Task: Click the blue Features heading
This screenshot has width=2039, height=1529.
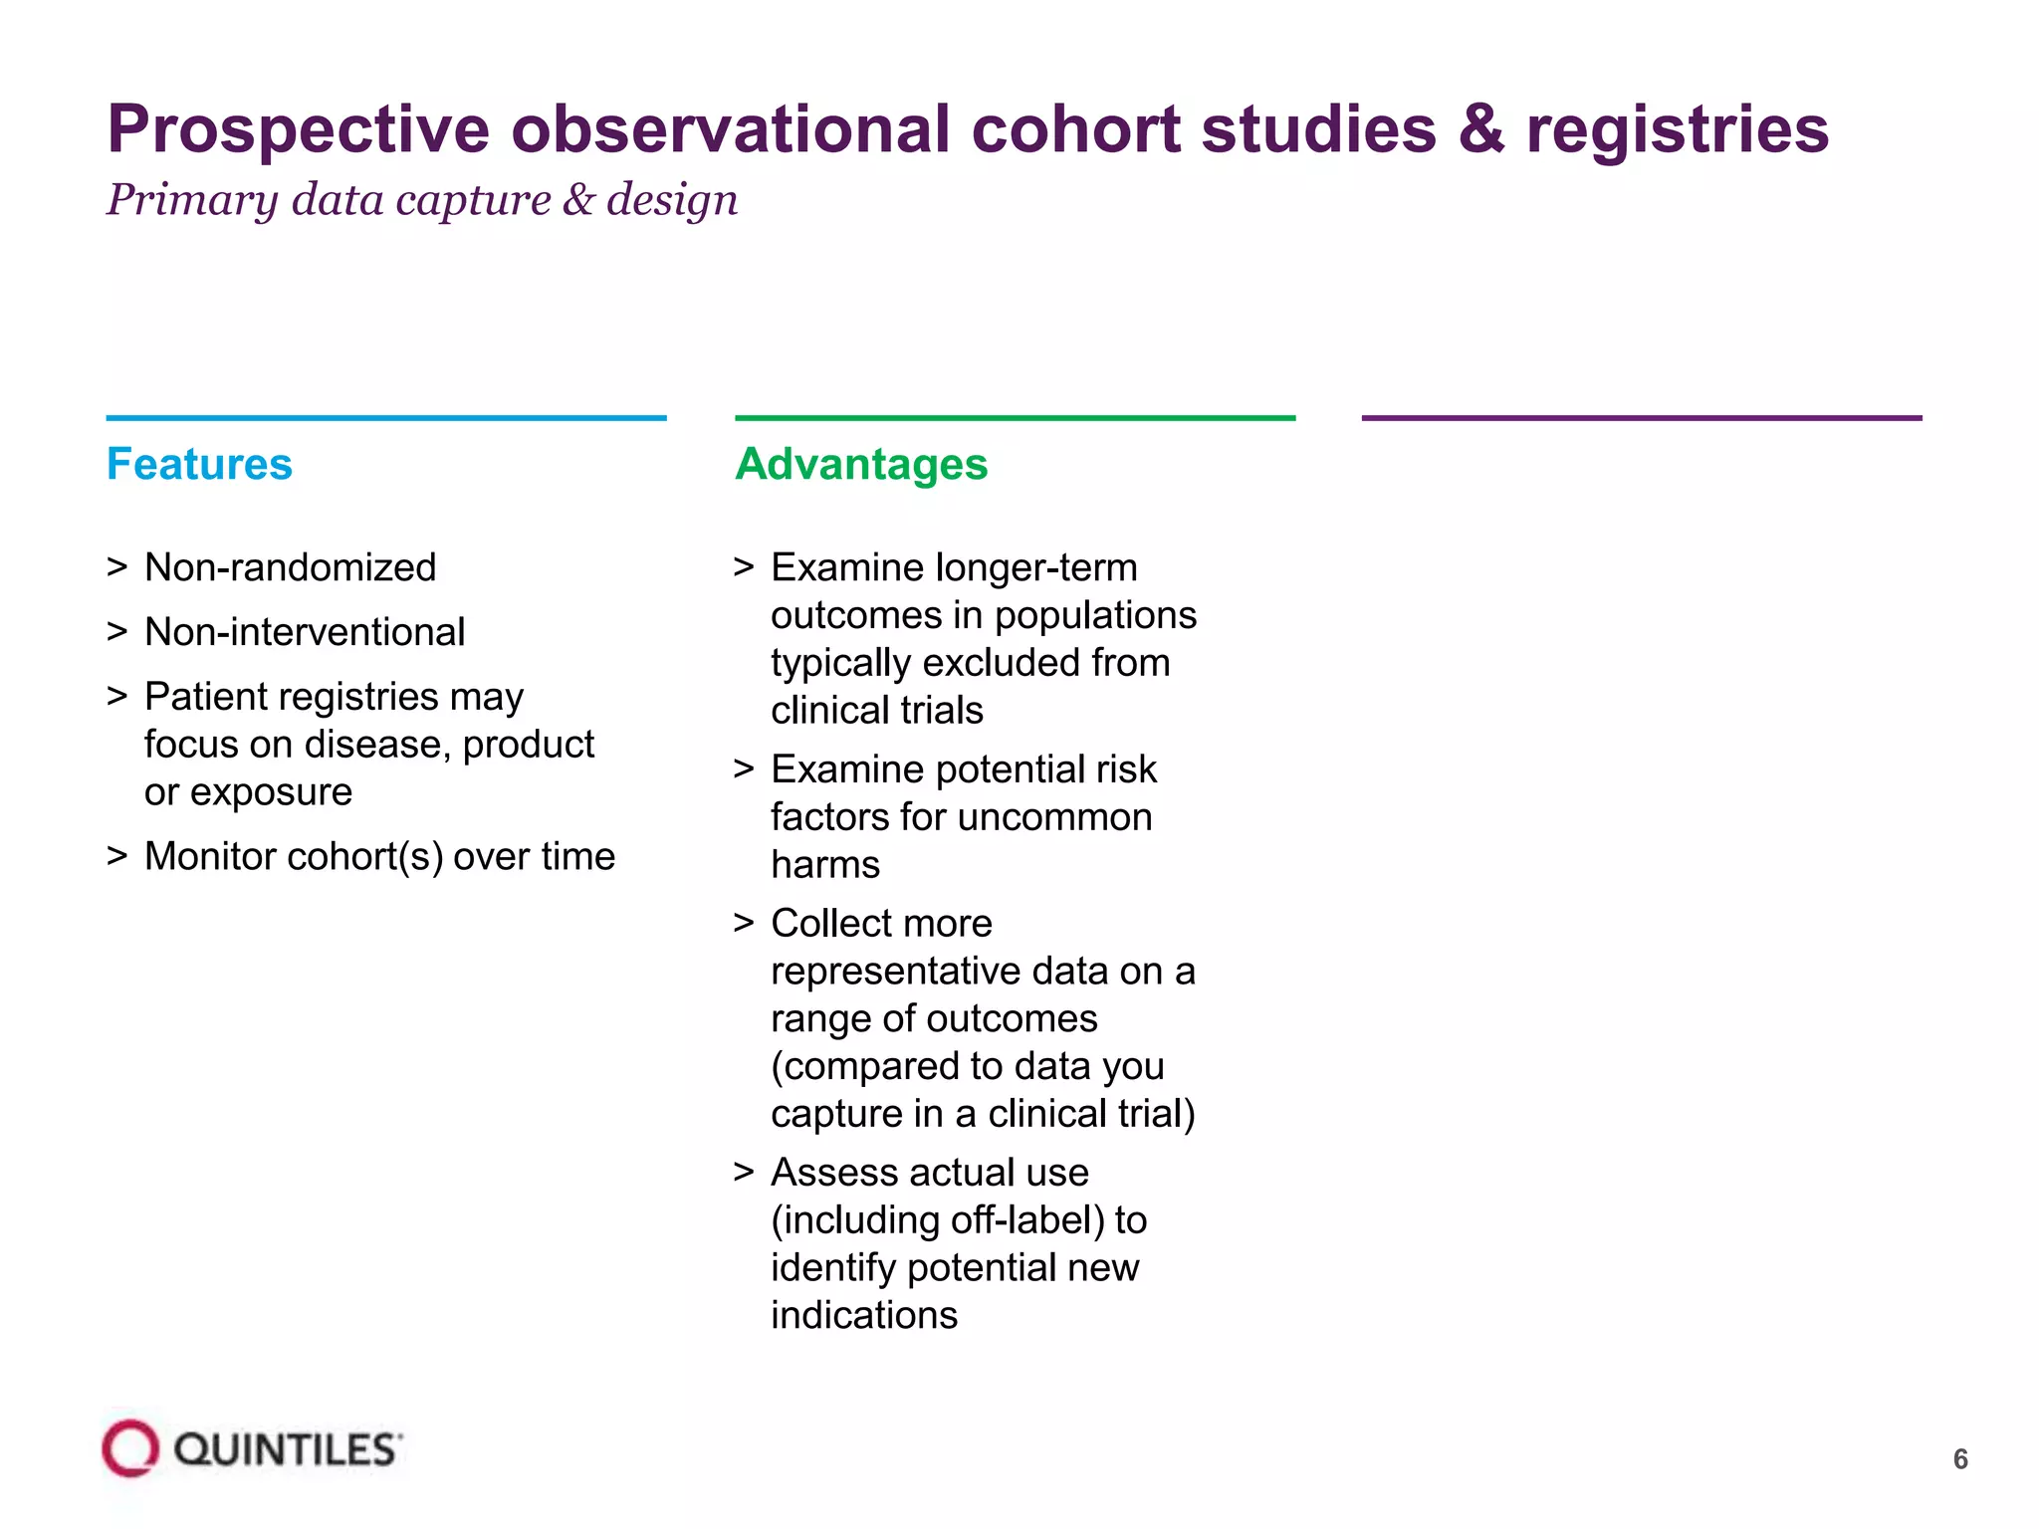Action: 199,464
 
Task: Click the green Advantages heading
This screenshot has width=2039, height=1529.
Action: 861,464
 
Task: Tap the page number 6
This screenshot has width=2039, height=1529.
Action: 1959,1459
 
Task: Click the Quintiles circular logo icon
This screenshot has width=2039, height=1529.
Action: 130,1448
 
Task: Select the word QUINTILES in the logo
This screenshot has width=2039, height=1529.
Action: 287,1450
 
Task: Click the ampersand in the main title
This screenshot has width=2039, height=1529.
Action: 1481,129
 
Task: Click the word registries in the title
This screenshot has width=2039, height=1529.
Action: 1678,129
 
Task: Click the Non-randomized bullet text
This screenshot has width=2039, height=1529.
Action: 290,567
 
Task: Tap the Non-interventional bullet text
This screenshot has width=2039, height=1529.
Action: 304,632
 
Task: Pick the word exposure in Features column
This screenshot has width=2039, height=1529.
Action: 271,792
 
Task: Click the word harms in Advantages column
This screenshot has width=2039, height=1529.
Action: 825,865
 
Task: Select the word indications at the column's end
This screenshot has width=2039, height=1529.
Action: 864,1315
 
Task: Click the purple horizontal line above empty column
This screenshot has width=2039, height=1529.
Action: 1641,418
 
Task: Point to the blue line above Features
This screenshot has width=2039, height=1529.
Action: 386,418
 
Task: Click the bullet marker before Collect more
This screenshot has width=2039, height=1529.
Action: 743,923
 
